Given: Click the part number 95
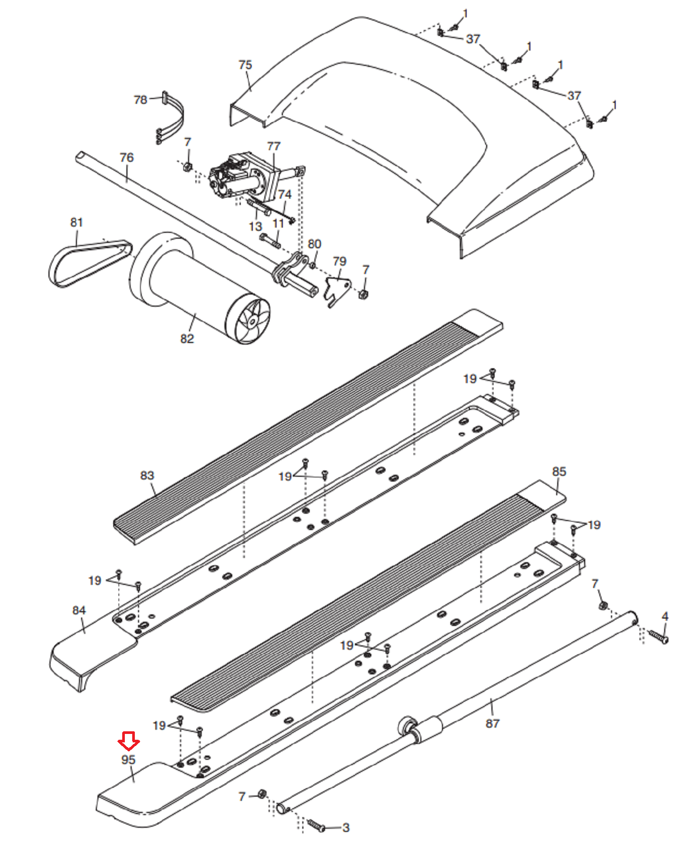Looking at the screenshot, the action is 128,759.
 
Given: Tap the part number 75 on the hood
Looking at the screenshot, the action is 245,65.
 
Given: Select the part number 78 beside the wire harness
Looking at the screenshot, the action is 141,100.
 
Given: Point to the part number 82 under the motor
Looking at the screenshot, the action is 187,339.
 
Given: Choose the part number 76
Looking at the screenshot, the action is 126,157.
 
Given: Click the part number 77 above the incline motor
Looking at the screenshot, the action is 274,146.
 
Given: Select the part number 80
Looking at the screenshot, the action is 314,244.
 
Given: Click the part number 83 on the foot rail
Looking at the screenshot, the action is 147,475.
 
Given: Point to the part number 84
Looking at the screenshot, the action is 79,610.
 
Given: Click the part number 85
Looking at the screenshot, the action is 559,471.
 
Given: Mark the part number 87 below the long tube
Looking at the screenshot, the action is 492,723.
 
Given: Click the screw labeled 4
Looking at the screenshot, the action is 658,636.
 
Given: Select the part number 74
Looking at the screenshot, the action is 285,194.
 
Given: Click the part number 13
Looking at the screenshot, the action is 255,226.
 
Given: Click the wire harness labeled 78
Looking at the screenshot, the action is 172,117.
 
